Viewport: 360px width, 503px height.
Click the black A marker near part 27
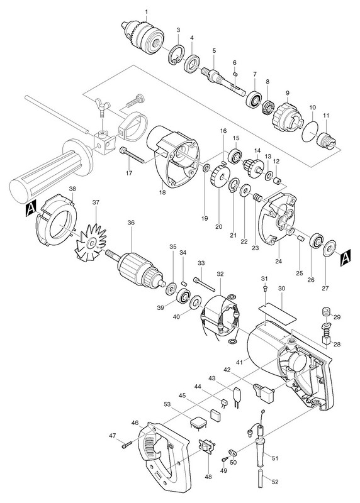point(346,257)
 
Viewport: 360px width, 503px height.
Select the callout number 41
point(239,362)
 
